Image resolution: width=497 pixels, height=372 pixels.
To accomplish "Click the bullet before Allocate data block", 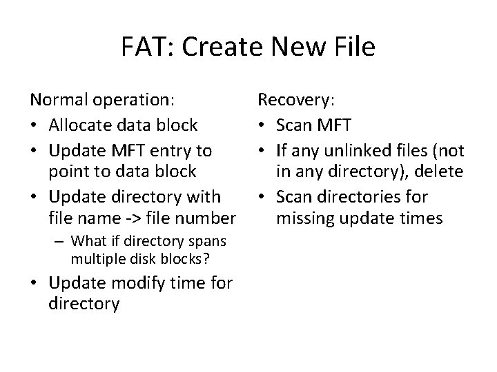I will pyautogui.click(x=35, y=125).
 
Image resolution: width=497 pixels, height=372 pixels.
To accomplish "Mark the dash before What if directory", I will pyautogui.click(x=61, y=240).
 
